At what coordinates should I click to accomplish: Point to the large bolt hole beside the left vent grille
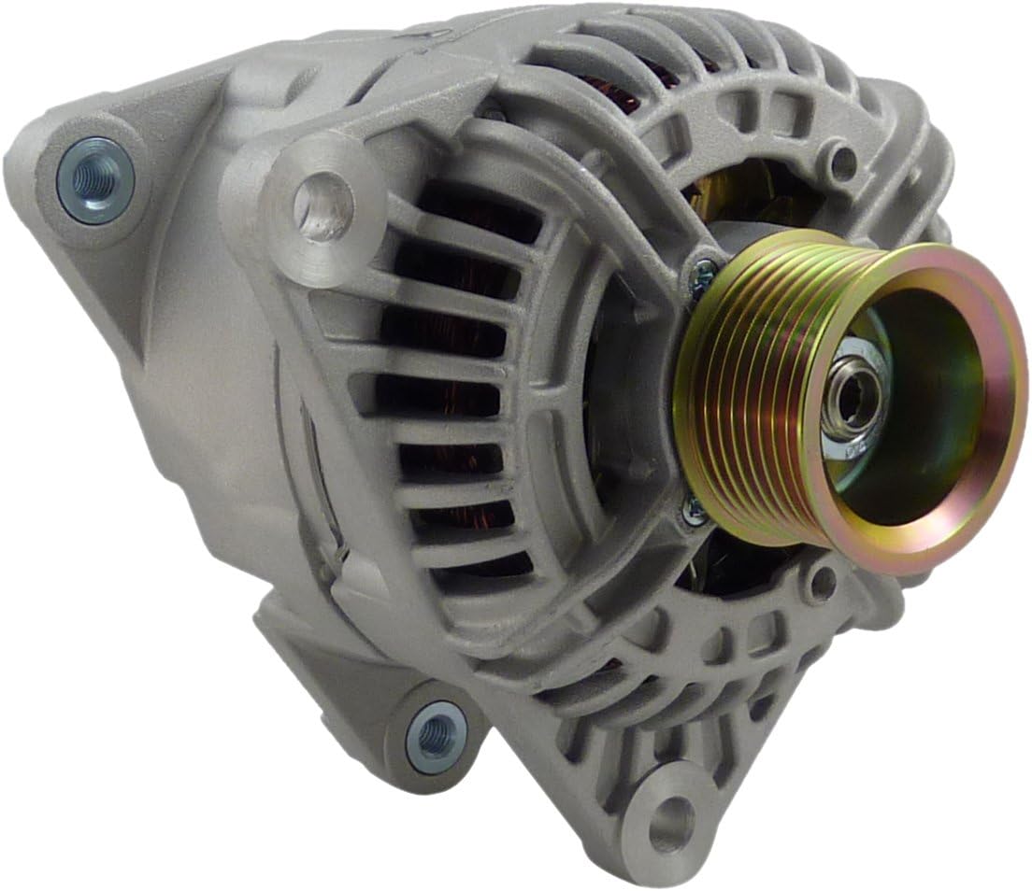click(x=322, y=203)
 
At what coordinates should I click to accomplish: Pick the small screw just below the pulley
click(x=692, y=509)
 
